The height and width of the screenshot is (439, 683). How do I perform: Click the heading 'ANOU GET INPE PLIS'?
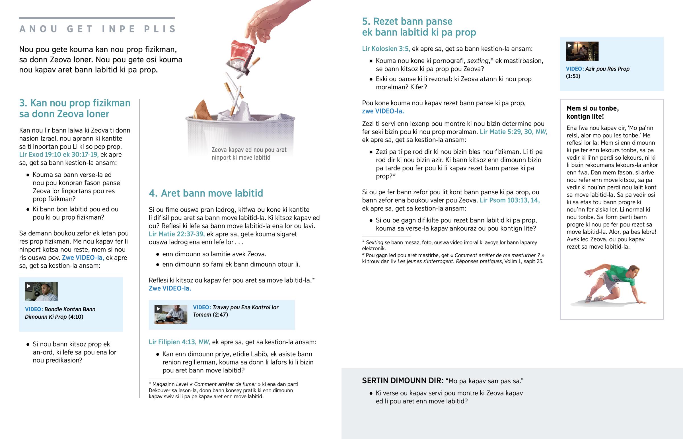coord(98,29)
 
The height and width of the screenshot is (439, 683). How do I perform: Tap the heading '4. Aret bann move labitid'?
coord(206,193)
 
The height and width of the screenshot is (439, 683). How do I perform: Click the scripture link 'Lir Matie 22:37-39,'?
coord(177,234)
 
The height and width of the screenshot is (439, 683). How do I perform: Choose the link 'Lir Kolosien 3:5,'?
coord(386,49)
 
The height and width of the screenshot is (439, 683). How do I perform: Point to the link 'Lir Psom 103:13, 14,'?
coord(510,200)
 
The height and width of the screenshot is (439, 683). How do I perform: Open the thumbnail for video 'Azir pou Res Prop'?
coord(582,51)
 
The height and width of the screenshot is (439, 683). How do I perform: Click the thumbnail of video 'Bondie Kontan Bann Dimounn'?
coord(41,292)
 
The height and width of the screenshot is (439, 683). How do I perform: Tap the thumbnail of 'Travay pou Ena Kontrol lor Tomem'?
coord(171,314)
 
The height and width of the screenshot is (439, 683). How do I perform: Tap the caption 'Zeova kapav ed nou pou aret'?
coord(249,150)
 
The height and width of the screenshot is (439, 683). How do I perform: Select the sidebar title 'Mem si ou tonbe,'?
coord(593,108)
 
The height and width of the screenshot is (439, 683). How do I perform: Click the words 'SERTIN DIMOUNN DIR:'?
coord(402,381)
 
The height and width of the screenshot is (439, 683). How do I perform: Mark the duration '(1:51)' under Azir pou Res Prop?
coord(573,76)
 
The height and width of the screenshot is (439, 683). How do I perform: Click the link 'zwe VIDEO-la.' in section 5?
coord(383,111)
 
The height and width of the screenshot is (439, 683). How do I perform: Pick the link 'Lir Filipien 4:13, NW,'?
coord(179,342)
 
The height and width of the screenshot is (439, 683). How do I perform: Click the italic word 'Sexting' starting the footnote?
coord(374,243)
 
